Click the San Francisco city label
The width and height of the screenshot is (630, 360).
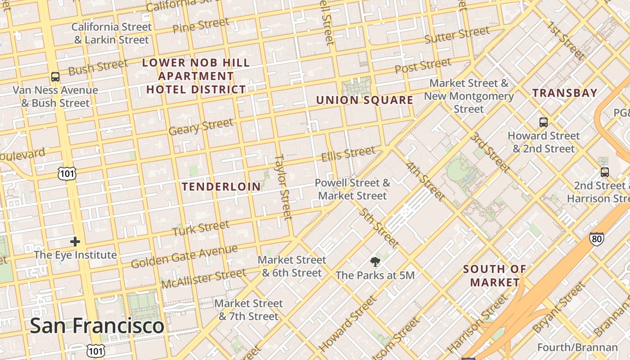(97, 325)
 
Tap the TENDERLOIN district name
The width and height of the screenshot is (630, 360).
(221, 186)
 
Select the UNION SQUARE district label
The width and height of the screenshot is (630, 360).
(364, 100)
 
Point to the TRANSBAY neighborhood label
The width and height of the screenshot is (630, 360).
(565, 93)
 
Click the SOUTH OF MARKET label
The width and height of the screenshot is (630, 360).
(495, 276)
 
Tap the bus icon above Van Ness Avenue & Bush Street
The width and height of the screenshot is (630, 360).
(55, 77)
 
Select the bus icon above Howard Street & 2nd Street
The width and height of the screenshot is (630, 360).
(544, 122)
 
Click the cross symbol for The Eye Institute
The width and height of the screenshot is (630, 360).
(75, 242)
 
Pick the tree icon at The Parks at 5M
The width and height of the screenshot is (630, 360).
(374, 262)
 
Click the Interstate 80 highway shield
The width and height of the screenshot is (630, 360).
(597, 239)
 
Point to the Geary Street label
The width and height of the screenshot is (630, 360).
(201, 126)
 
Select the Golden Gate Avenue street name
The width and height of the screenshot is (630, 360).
(184, 256)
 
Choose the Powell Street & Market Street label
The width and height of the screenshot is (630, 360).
(352, 189)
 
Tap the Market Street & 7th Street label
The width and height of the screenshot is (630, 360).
(248, 310)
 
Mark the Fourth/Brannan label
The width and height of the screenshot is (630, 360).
(577, 347)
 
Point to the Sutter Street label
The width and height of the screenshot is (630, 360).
(457, 35)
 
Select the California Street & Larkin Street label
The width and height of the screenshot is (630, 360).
(112, 33)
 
